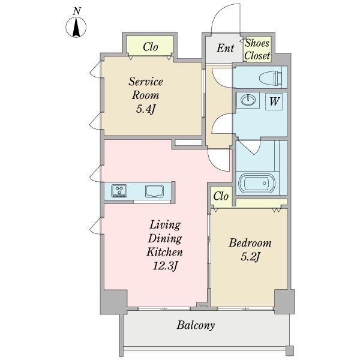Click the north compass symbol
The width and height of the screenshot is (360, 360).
point(76,28)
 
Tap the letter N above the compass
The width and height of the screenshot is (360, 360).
point(77,11)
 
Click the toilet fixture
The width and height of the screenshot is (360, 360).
point(271,77)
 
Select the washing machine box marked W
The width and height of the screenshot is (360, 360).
point(274,101)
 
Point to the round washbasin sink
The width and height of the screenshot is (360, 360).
point(248,100)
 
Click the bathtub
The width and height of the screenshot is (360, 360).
point(257,183)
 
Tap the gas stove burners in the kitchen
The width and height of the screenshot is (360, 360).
point(119,191)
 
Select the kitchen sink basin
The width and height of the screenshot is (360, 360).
point(155,191)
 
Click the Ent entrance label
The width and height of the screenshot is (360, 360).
point(225,48)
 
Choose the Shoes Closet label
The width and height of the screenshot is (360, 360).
point(257,49)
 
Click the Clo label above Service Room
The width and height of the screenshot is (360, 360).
point(151,47)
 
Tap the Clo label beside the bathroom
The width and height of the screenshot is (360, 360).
point(221,196)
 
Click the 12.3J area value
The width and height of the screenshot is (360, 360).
point(164,266)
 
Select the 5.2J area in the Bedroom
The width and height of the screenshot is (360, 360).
point(250,256)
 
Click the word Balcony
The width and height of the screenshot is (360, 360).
point(196,325)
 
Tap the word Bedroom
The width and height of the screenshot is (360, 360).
point(250,243)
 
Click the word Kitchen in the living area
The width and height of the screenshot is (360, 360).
point(164,252)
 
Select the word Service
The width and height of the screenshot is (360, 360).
point(146,82)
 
